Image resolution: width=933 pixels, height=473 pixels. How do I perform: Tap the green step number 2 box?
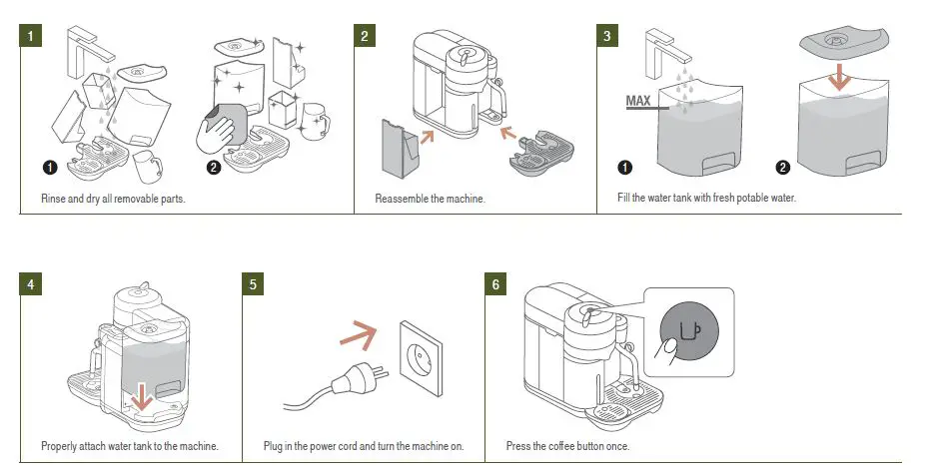pyautogui.click(x=366, y=35)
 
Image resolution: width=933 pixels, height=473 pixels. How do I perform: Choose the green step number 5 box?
pyautogui.click(x=255, y=283)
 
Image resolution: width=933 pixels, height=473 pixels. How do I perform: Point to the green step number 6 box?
pyautogui.click(x=494, y=283)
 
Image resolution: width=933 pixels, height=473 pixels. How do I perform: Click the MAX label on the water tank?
pyautogui.click(x=639, y=101)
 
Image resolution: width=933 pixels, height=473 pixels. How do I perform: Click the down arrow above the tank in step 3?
pyautogui.click(x=840, y=74)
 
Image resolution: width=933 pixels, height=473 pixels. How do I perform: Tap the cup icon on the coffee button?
pyautogui.click(x=691, y=332)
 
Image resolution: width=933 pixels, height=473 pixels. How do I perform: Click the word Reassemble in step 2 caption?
pyautogui.click(x=406, y=199)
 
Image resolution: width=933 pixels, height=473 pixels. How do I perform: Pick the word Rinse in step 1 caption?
pyautogui.click(x=54, y=199)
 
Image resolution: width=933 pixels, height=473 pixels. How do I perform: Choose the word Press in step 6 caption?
pyautogui.click(x=517, y=445)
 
